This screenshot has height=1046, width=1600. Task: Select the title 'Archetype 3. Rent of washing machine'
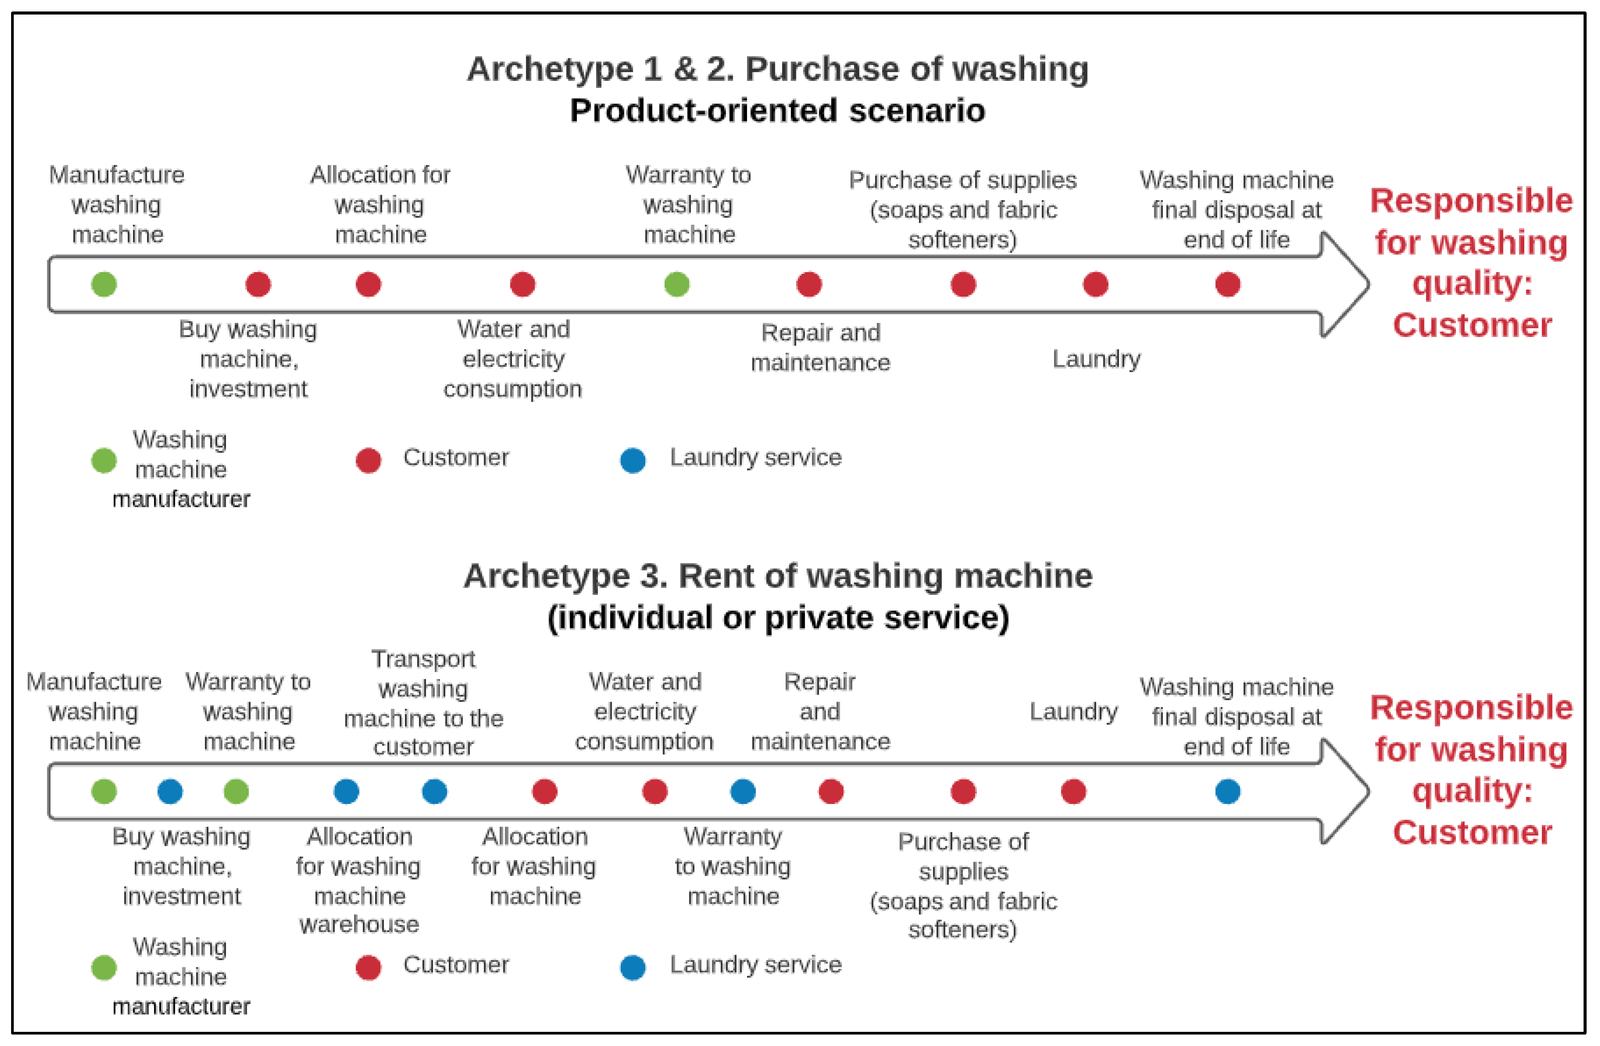click(777, 576)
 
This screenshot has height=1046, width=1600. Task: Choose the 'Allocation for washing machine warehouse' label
click(359, 880)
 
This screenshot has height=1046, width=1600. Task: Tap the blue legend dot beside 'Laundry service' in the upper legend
click(633, 460)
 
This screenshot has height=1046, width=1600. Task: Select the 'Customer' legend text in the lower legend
click(456, 965)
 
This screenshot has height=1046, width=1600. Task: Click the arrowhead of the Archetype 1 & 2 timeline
click(1345, 284)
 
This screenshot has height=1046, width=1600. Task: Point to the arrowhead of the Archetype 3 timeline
click(1345, 791)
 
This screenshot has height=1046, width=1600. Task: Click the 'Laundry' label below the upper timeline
click(1096, 359)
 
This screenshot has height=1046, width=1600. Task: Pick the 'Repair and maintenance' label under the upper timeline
click(820, 348)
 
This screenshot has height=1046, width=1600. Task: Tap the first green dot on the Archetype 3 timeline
click(104, 791)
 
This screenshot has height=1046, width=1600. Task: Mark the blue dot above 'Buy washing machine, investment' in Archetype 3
click(170, 791)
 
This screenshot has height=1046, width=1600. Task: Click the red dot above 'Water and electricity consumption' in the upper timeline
click(522, 284)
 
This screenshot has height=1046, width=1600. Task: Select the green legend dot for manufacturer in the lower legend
click(104, 968)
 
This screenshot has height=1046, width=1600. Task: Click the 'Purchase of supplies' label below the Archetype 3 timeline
click(963, 885)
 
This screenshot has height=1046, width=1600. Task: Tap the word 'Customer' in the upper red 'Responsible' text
click(1472, 325)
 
